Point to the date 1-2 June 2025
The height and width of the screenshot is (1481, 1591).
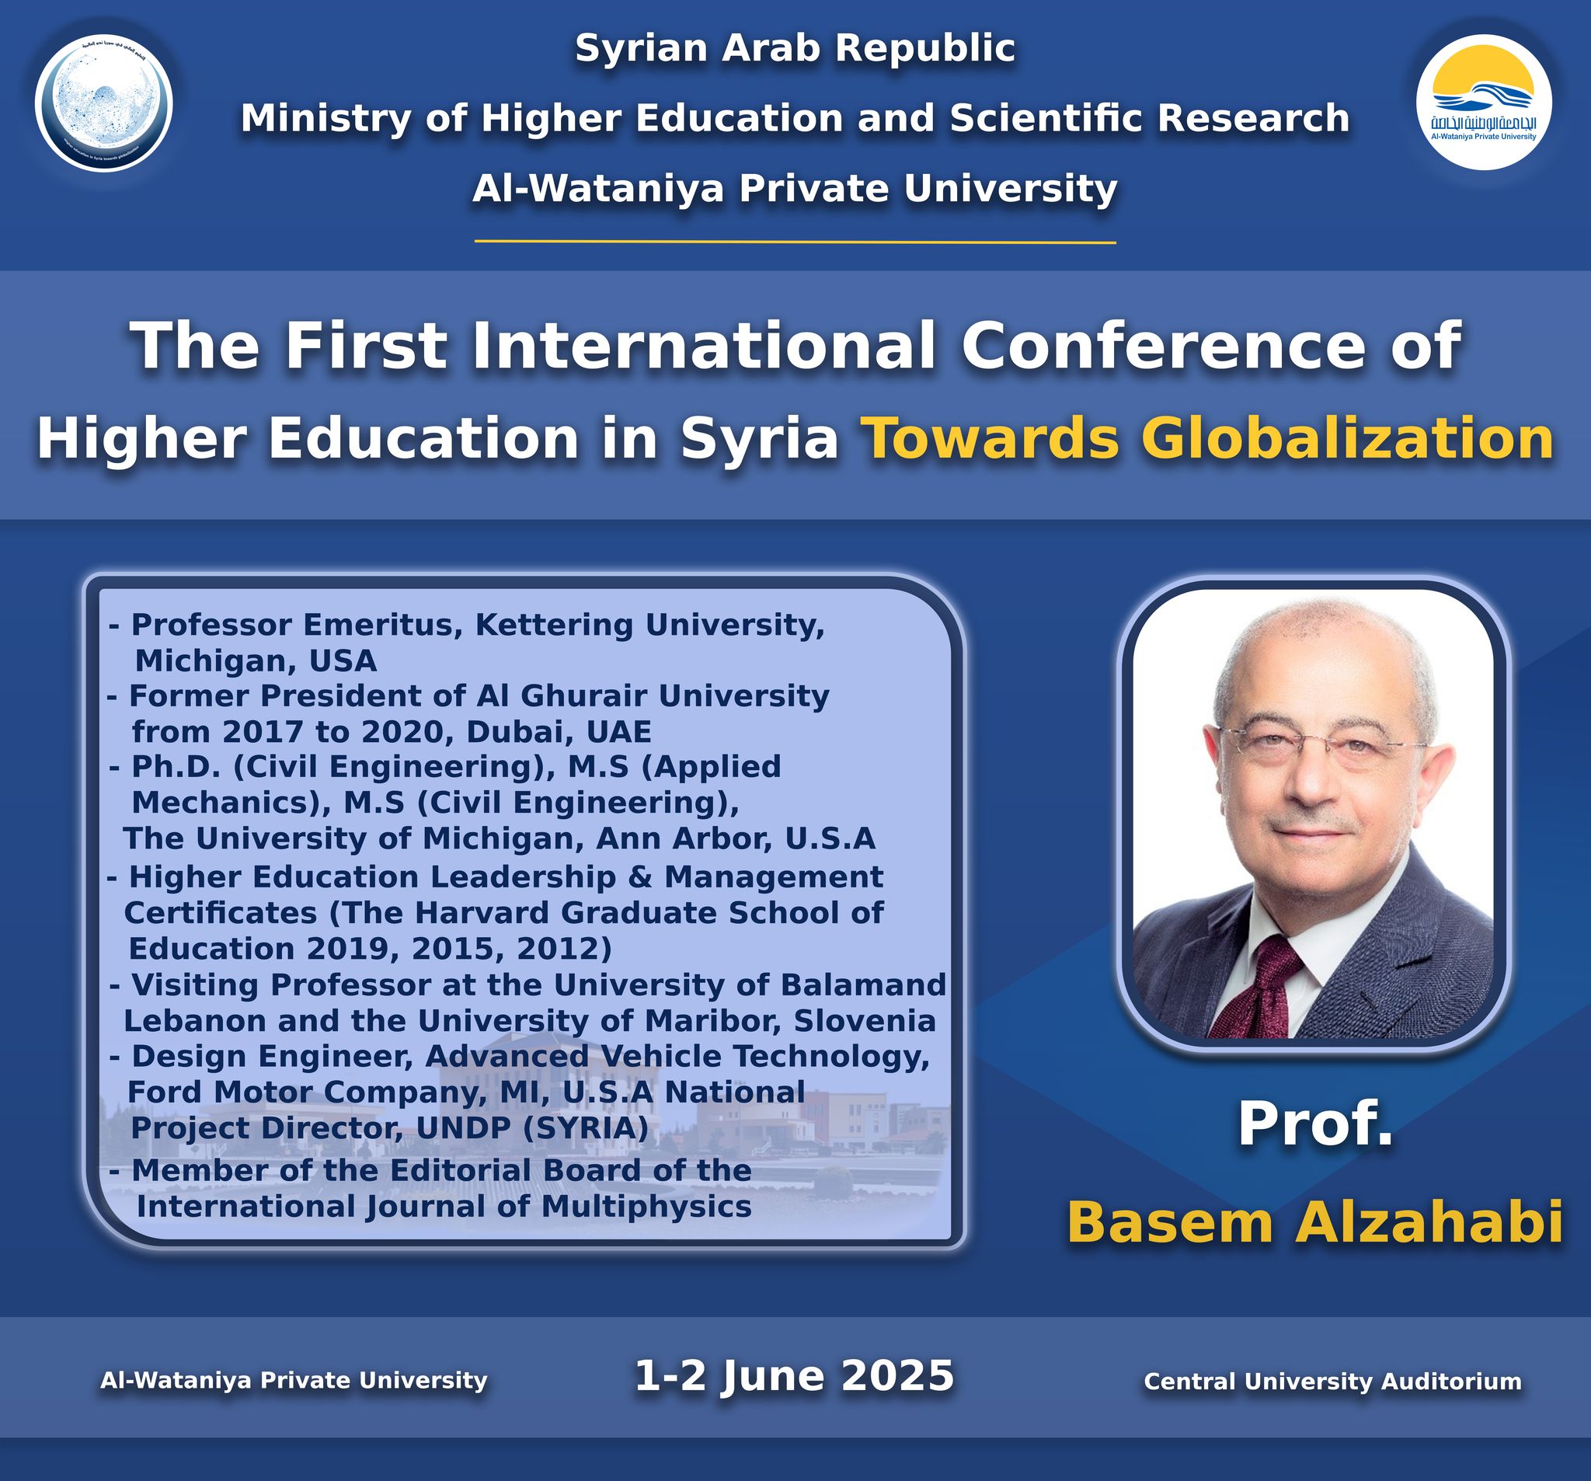[x=794, y=1376]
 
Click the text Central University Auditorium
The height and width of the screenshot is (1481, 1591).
[x=1332, y=1381]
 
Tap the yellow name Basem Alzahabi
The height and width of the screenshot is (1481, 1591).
[x=1315, y=1222]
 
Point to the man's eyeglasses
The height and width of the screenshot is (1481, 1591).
[x=1318, y=741]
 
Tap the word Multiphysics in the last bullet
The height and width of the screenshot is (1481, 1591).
[x=646, y=1206]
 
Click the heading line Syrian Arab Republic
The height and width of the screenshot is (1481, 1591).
[x=795, y=48]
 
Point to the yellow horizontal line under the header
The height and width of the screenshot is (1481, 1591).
[x=795, y=241]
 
